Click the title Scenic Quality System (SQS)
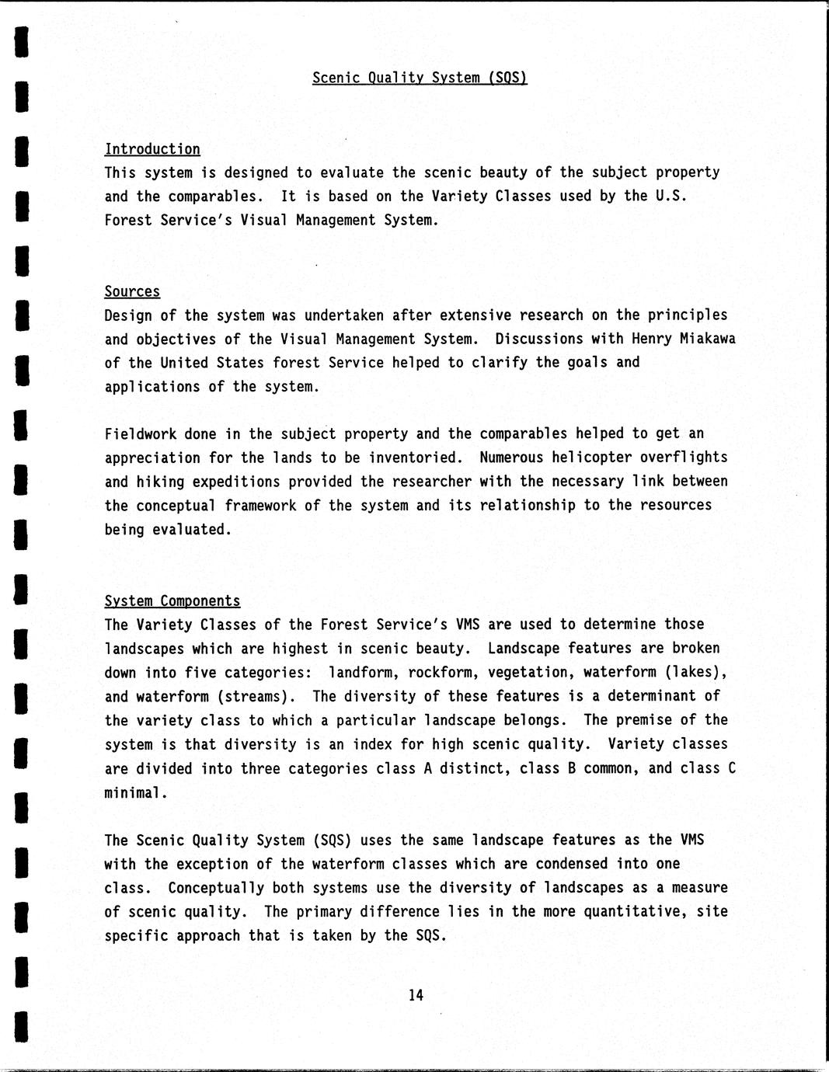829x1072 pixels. click(420, 78)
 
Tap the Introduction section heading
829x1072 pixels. click(152, 149)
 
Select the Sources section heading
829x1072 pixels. click(132, 291)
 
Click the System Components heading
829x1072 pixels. click(172, 601)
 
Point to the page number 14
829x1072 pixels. click(416, 995)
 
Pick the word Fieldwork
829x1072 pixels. click(141, 433)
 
